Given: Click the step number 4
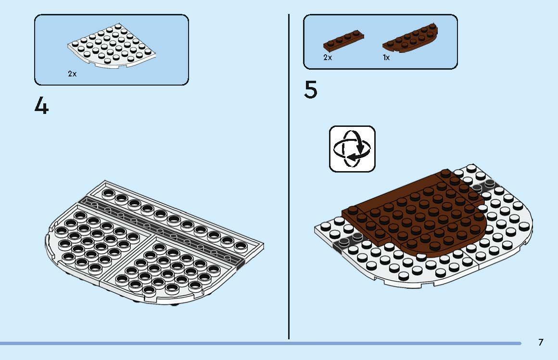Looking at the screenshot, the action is pyautogui.click(x=42, y=106).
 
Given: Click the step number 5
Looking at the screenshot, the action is pyautogui.click(x=310, y=90).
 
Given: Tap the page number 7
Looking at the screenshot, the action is pyautogui.click(x=541, y=342).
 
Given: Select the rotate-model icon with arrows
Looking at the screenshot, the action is pyautogui.click(x=352, y=149).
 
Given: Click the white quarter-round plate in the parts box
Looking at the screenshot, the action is pyautogui.click(x=112, y=46).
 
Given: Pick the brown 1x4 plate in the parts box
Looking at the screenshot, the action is pyautogui.click(x=343, y=40).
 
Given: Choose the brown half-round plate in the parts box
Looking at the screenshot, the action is pyautogui.click(x=410, y=38).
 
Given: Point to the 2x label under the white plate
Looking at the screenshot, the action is pyautogui.click(x=72, y=74).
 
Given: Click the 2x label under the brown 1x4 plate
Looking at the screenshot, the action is pyautogui.click(x=328, y=57).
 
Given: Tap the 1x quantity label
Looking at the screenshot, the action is pyautogui.click(x=386, y=57).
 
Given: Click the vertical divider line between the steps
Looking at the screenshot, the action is pyautogui.click(x=289, y=176).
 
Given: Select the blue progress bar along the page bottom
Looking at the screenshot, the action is pyautogui.click(x=261, y=343).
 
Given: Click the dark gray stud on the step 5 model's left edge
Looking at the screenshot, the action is pyautogui.click(x=344, y=242).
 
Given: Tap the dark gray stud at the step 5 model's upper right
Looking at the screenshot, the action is pyautogui.click(x=490, y=183).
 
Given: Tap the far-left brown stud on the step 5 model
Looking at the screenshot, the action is pyautogui.click(x=353, y=210).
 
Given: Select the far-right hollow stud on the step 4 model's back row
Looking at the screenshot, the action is pyautogui.click(x=241, y=246).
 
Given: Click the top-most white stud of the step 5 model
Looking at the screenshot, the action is pyautogui.click(x=471, y=167).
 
